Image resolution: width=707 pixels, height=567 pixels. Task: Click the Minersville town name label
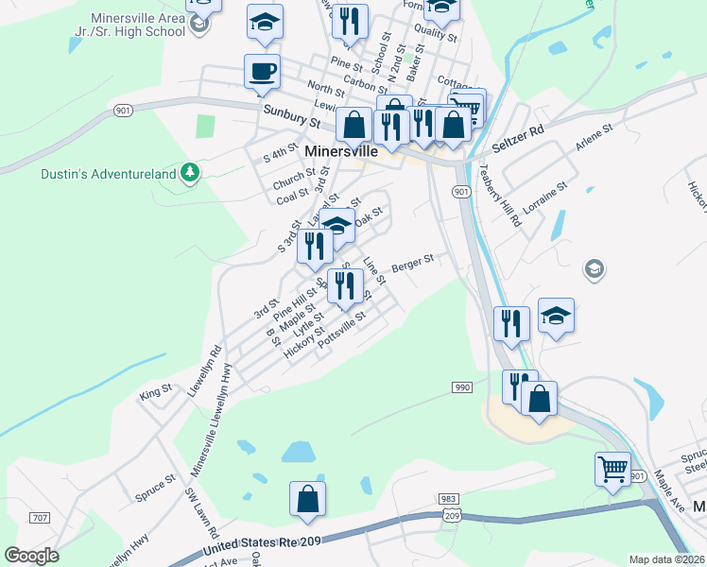(x=342, y=151)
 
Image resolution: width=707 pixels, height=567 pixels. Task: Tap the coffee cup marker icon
(x=262, y=72)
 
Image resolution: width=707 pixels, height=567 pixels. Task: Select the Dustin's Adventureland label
(x=95, y=173)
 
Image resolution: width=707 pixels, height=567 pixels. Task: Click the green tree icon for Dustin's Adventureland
(x=191, y=171)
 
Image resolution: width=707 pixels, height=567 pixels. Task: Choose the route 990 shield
(x=461, y=387)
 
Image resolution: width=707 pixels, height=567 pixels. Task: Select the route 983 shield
(x=448, y=499)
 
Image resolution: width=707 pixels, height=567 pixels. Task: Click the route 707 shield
(x=40, y=518)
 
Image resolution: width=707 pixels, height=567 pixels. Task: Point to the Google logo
(x=31, y=556)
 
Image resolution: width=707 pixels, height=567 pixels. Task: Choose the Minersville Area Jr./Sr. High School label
(x=138, y=25)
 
